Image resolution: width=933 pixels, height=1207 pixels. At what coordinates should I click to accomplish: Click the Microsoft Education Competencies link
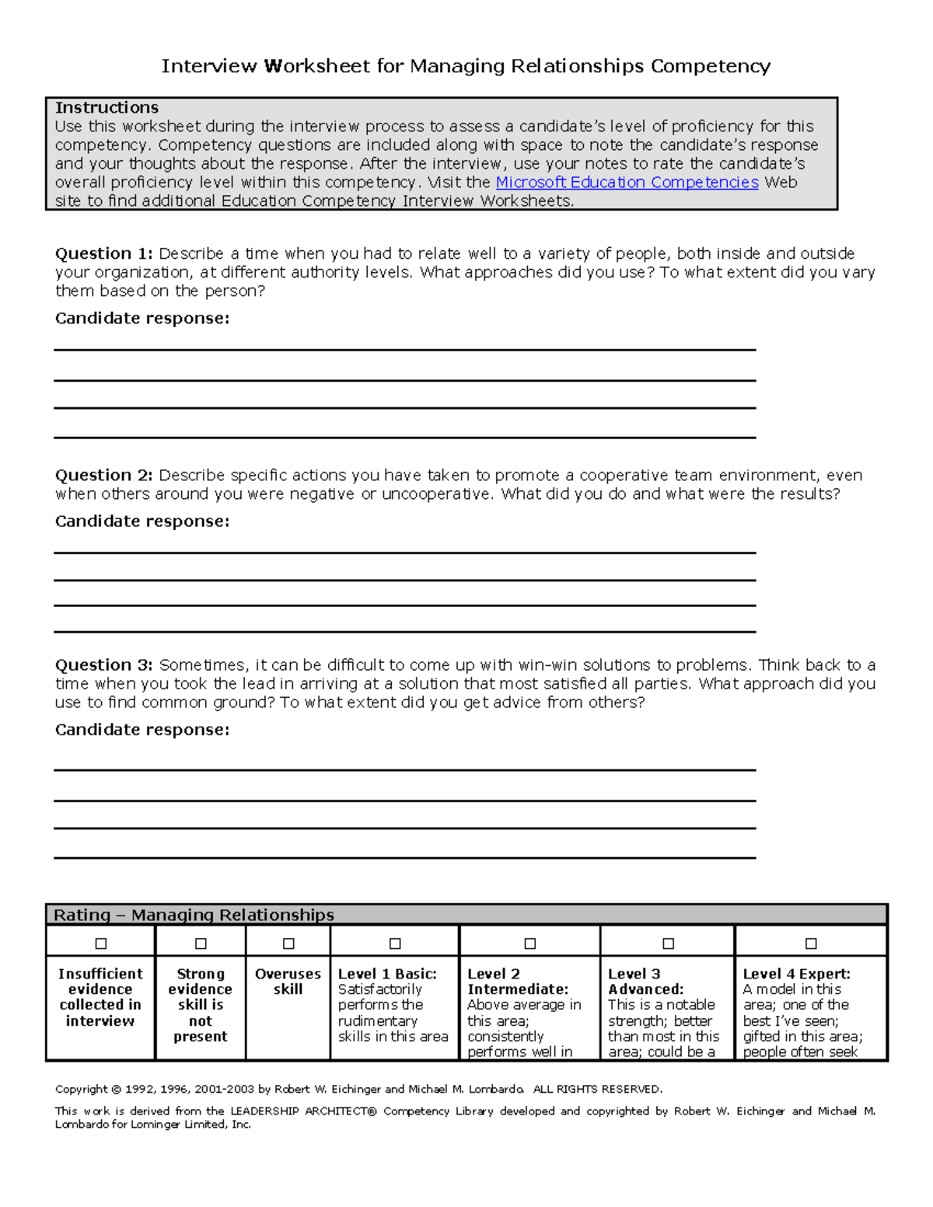pos(627,183)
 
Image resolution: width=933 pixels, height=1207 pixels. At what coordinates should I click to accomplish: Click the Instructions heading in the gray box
pos(107,108)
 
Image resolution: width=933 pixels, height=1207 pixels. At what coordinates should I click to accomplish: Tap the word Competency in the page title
pos(710,67)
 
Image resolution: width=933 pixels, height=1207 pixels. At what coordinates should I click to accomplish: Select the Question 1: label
pos(103,254)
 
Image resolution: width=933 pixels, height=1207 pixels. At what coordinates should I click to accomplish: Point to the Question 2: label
pos(103,476)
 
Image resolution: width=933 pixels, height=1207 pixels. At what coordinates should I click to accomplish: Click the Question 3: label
pos(103,665)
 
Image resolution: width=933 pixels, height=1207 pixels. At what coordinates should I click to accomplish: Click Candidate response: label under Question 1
pos(142,319)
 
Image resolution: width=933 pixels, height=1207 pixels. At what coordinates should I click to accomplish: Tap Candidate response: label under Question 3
pos(142,730)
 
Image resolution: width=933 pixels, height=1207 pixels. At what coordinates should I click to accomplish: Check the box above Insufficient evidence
pos(101,944)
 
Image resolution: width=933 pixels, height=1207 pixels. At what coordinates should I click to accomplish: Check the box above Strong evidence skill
pos(201,944)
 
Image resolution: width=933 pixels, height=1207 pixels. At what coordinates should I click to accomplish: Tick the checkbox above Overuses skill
pos(288,944)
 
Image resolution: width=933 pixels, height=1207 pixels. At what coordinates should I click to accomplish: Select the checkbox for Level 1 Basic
pos(395,944)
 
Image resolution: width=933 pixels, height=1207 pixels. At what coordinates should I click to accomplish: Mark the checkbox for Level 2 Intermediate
pos(530,944)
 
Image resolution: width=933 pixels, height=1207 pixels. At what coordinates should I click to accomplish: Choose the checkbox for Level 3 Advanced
pos(668,944)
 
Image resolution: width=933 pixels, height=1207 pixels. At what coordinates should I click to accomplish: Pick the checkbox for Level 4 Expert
pos(811,944)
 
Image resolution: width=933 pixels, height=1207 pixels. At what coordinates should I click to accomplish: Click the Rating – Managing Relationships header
pos(194,916)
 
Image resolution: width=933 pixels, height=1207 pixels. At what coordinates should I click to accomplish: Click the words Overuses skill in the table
pos(288,982)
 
